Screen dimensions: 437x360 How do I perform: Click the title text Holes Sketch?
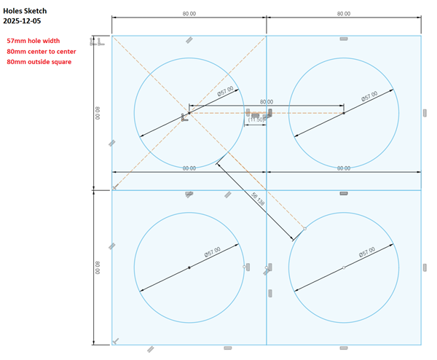[x=25, y=11]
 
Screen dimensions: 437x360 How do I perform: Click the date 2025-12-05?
[x=22, y=21]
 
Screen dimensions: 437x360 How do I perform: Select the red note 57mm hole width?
[x=34, y=41]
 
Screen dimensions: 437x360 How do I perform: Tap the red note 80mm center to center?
[x=42, y=52]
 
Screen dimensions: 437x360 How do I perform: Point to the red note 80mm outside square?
[x=39, y=62]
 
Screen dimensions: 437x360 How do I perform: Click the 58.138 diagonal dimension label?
[x=258, y=199]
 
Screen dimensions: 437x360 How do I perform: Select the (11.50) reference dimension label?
[x=256, y=120]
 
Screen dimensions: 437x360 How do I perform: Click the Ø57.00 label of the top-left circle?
[x=226, y=91]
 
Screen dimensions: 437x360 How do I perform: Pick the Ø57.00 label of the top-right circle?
[x=369, y=96]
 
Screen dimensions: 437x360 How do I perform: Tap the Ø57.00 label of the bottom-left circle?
[x=213, y=252]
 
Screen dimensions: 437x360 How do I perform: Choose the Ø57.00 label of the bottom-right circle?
[x=367, y=252]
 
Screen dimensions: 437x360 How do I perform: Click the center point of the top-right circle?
[x=344, y=113]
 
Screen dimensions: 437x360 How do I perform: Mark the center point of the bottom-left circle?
[x=189, y=267]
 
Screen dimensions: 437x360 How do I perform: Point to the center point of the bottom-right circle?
[x=344, y=267]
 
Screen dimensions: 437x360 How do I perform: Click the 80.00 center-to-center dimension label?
[x=267, y=102]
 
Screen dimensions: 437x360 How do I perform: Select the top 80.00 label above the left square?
[x=189, y=14]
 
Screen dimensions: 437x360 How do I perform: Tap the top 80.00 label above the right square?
[x=344, y=14]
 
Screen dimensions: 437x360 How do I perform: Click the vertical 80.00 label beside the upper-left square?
[x=98, y=113]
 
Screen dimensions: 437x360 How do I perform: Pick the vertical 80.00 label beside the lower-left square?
[x=98, y=267]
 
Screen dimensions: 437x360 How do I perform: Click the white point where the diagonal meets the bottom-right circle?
[x=305, y=229]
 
